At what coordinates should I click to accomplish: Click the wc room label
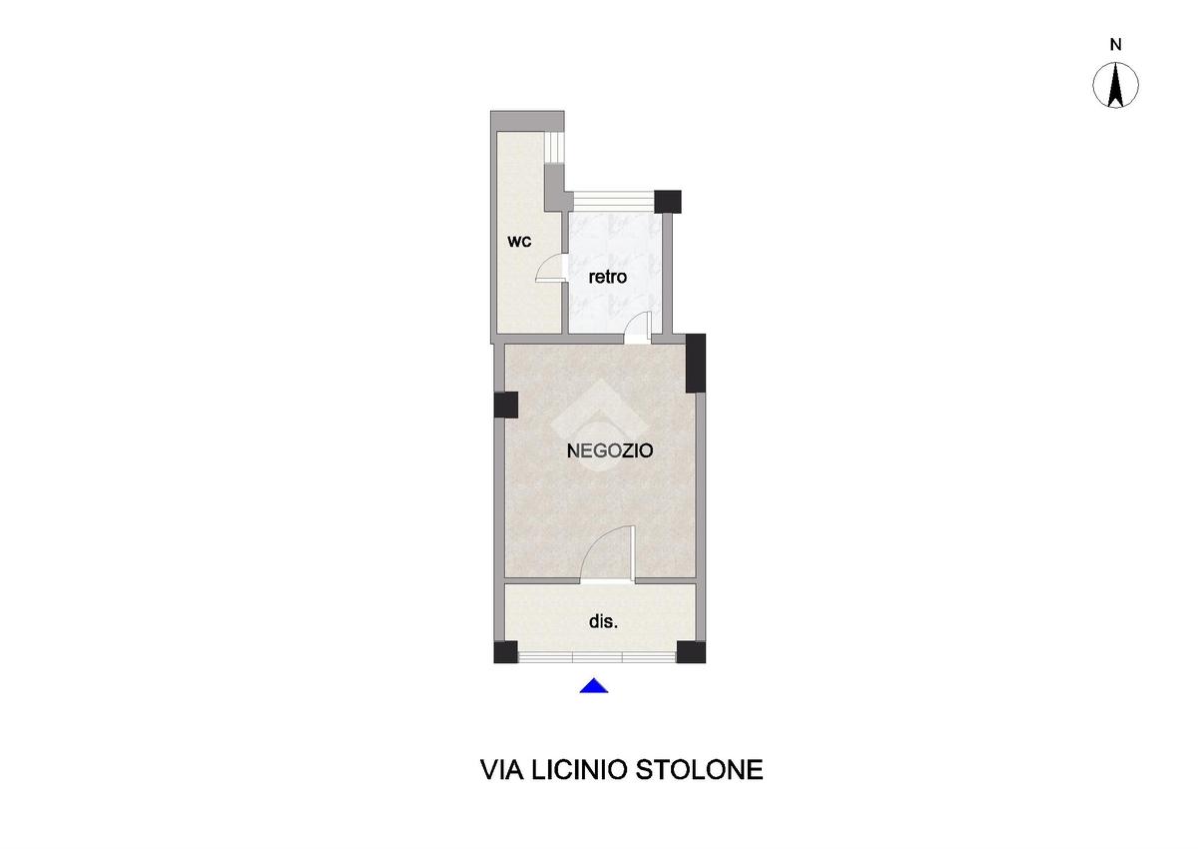point(519,242)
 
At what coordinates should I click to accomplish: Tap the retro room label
point(608,277)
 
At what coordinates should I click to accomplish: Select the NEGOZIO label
point(610,451)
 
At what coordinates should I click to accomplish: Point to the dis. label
point(603,621)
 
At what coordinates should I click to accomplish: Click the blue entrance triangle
point(594,686)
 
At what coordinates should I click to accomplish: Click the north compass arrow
point(1115,86)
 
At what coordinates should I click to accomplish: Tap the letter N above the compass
point(1116,45)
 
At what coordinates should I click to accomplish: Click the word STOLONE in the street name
point(699,770)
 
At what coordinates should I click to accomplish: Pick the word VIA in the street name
point(502,770)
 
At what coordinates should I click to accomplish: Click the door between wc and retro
point(551,269)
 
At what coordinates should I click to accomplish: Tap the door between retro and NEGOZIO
point(639,328)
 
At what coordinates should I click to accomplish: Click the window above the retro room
point(614,201)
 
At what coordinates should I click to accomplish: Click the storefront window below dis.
point(597,657)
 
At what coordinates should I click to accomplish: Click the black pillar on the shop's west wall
point(506,405)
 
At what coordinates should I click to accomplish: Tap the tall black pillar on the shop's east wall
point(695,364)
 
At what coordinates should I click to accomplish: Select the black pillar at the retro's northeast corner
point(668,202)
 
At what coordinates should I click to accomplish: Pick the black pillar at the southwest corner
point(505,652)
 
